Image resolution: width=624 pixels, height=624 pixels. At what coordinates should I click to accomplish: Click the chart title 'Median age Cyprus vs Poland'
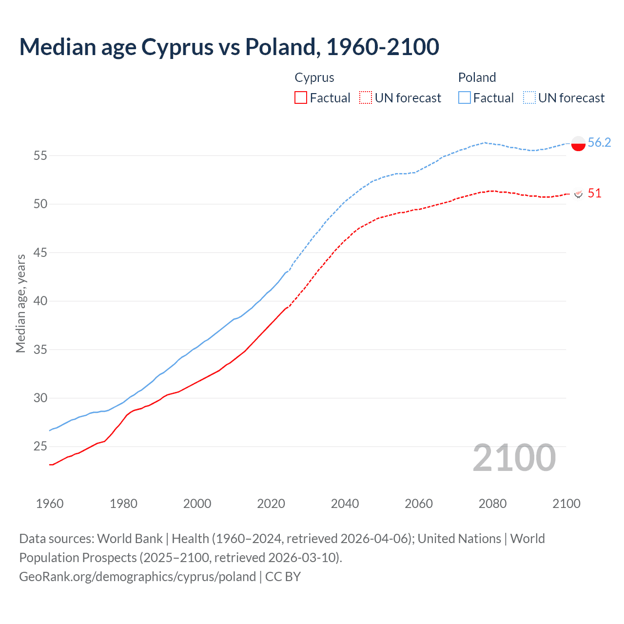coord(229,47)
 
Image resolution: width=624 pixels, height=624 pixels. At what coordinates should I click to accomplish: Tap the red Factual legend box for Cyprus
coord(301,97)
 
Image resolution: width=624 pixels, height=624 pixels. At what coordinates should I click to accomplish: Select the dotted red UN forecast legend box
coord(366,97)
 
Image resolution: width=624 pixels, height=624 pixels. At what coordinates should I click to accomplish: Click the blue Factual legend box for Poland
coord(465,97)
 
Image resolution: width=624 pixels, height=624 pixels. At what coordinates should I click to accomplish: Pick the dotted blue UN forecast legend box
coord(529,97)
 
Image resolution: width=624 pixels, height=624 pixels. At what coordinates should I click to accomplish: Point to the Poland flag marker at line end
coord(578,143)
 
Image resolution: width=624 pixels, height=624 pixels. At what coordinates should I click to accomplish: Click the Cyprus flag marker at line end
coord(578,194)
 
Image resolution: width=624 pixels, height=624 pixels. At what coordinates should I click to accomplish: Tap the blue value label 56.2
coord(599,142)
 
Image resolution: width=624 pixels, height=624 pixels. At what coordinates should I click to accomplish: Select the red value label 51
coord(594,194)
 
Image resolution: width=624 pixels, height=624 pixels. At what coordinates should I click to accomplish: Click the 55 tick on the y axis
coord(40,156)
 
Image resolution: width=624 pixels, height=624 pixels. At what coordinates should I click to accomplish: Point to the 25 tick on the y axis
coord(40,447)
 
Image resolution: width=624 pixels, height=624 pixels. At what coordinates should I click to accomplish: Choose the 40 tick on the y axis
coord(40,301)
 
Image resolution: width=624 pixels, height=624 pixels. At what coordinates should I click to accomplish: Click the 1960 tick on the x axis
coord(50,504)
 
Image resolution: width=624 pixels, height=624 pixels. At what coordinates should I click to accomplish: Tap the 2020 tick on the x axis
coord(271,504)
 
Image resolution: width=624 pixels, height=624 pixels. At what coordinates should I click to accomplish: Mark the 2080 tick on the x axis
coord(492,504)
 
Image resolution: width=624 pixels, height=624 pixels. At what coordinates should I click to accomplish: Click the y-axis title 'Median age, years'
coord(20,303)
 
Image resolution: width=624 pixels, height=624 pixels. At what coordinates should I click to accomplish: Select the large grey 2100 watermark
coord(514,458)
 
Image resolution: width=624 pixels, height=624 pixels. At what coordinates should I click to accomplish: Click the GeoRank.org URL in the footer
coord(137,577)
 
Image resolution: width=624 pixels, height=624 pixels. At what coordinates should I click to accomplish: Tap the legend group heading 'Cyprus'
coord(314,78)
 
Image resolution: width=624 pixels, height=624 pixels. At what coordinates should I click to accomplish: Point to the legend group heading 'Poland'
coord(477,78)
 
